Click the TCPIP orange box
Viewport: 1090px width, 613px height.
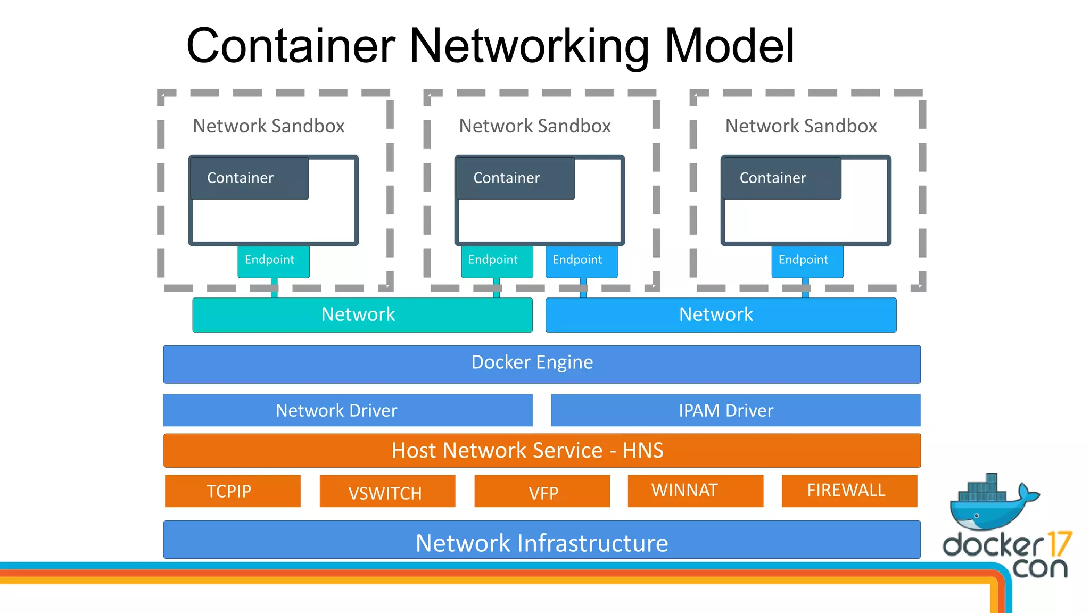[x=233, y=491]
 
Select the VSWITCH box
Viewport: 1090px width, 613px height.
[x=387, y=491]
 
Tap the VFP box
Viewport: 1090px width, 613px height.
[x=542, y=491]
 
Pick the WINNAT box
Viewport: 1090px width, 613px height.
[x=695, y=491]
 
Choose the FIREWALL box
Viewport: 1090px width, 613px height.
[x=849, y=491]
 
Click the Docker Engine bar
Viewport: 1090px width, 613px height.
[x=542, y=364]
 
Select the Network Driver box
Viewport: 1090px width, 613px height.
[x=348, y=410]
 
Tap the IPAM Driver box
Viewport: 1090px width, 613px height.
[x=735, y=410]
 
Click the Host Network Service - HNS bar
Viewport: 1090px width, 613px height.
[x=542, y=450]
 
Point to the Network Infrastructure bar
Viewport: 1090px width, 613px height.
[x=542, y=540]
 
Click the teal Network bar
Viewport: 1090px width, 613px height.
[x=362, y=314]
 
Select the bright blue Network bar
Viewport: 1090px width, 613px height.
[x=721, y=314]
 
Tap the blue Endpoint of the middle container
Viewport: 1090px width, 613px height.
[x=581, y=261]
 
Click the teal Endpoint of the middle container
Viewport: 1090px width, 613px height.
[x=497, y=261]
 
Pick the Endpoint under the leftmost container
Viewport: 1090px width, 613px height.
[x=273, y=261]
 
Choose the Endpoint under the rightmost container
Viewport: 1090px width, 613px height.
[x=807, y=261]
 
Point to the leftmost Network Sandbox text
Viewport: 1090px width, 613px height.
[x=268, y=126]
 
